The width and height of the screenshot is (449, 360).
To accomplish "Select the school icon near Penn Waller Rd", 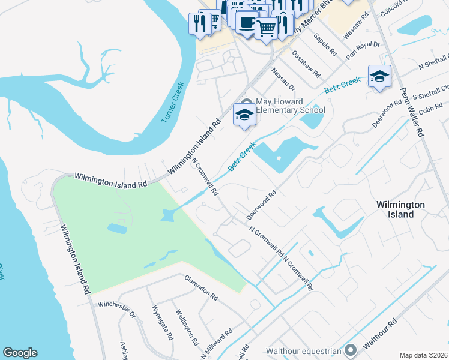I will [x=379, y=76].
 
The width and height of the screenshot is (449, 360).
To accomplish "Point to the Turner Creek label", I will [x=175, y=103].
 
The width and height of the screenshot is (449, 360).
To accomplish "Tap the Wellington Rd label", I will [x=186, y=328].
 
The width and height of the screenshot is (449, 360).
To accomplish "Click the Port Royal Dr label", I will [x=364, y=52].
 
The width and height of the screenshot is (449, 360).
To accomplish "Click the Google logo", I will [x=20, y=353].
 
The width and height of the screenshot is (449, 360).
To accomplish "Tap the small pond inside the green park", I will [x=117, y=228].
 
